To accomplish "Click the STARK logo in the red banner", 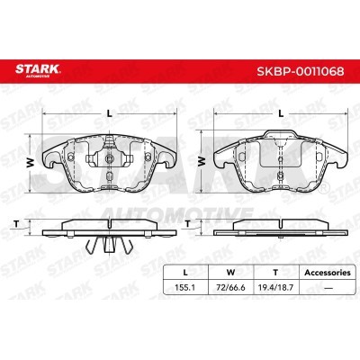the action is (x=38, y=70).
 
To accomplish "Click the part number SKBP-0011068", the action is (x=301, y=71).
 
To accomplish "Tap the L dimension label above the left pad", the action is (x=110, y=113).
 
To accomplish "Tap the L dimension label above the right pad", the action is (x=281, y=113).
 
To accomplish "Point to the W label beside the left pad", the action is (x=31, y=163).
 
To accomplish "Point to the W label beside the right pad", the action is (x=202, y=162).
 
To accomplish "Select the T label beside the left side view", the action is (x=17, y=224).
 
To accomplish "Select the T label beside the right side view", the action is (x=188, y=224).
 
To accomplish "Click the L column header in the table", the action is (x=185, y=273).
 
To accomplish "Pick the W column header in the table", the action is (x=230, y=273).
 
